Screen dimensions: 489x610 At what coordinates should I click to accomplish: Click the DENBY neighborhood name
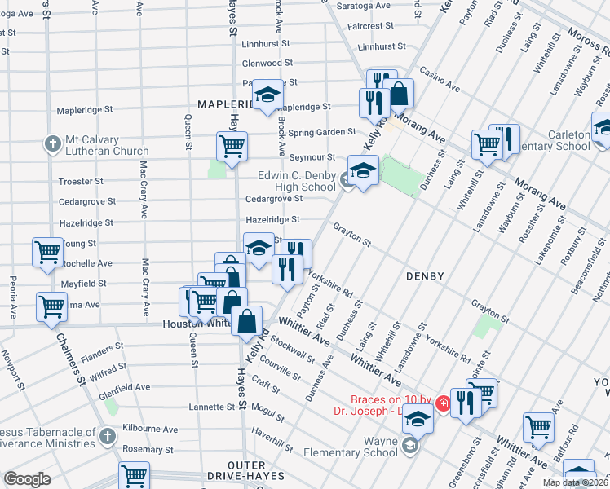pyautogui.click(x=425, y=276)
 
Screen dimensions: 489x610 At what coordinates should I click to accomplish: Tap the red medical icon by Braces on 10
pyautogui.click(x=443, y=403)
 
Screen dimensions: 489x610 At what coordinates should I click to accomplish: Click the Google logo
pyautogui.click(x=27, y=479)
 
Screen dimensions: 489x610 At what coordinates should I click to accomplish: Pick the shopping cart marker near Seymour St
pyautogui.click(x=232, y=147)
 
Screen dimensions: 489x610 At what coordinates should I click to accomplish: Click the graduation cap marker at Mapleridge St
pyautogui.click(x=267, y=95)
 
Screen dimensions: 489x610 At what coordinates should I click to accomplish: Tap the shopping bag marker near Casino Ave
pyautogui.click(x=399, y=94)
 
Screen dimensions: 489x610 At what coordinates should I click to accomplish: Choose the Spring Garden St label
pyautogui.click(x=321, y=131)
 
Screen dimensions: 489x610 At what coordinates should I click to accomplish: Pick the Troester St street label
pyautogui.click(x=81, y=181)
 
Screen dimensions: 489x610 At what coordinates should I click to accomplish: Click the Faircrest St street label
pyautogui.click(x=371, y=26)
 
